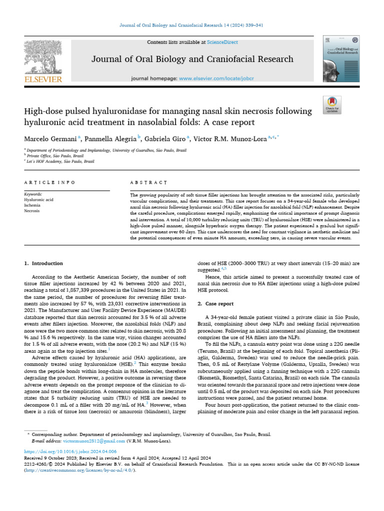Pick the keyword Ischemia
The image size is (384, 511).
pos(32,205)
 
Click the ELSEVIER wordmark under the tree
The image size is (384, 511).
pos(43,78)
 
